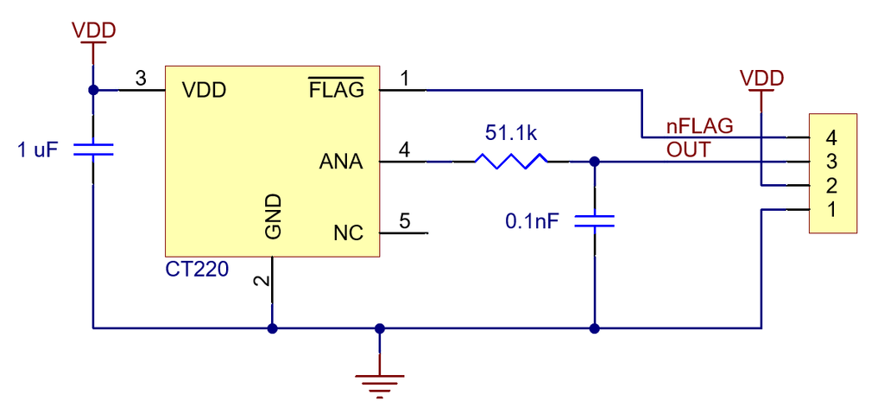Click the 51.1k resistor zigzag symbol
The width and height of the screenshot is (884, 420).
(x=510, y=161)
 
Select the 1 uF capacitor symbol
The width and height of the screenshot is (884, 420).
(x=92, y=150)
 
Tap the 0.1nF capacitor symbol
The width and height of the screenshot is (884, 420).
(x=594, y=220)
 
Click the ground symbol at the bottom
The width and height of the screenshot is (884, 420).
(x=380, y=381)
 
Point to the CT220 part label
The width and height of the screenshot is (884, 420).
(x=197, y=270)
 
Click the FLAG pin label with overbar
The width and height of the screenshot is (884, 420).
(x=337, y=89)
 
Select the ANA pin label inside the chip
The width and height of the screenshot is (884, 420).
(x=341, y=162)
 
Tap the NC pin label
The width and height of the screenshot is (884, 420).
(x=348, y=233)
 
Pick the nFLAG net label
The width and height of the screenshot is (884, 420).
(x=699, y=126)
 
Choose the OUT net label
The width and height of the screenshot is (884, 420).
(x=688, y=150)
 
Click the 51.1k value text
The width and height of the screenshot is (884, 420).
(x=511, y=134)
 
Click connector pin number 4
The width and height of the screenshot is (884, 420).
(x=831, y=137)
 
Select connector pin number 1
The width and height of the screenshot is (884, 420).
(x=831, y=209)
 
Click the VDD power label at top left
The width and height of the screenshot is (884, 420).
(x=93, y=30)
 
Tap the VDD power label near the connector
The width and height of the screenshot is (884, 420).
(x=761, y=79)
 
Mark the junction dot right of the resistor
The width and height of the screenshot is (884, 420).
(x=594, y=162)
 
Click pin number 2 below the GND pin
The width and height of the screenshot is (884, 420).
(x=260, y=282)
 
